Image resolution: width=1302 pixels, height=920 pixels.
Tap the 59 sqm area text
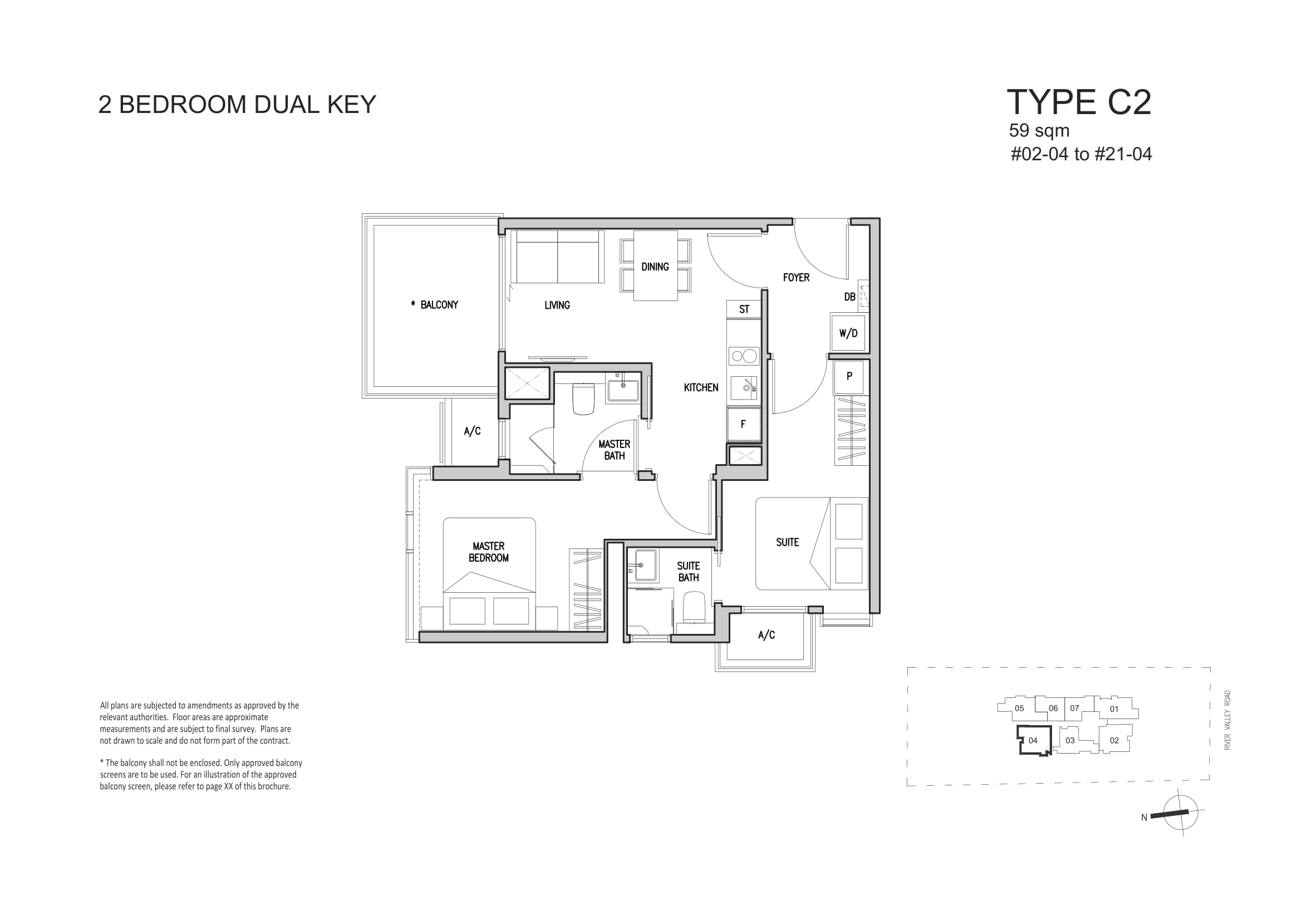pos(1039,130)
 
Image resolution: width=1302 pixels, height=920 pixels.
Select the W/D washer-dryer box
pos(848,333)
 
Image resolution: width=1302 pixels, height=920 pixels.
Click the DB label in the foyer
pos(849,297)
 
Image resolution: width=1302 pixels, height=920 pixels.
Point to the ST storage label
pos(744,309)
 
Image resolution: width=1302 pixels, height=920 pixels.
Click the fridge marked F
pos(744,424)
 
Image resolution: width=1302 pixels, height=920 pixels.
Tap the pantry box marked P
pos(849,377)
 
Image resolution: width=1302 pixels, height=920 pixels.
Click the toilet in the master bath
pos(583,399)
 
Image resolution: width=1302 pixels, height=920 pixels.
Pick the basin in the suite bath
pos(646,564)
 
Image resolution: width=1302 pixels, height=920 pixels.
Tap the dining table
pos(656,265)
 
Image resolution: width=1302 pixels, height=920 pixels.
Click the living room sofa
pos(557,256)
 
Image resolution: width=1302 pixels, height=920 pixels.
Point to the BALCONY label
pos(434,305)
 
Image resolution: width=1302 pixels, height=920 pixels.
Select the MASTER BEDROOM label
pos(488,552)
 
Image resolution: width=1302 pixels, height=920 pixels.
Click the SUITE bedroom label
pos(787,543)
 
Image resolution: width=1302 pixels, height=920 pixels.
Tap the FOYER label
pos(795,278)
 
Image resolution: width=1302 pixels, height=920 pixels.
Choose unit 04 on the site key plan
pos(1033,740)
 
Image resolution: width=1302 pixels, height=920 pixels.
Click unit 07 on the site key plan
pos(1074,708)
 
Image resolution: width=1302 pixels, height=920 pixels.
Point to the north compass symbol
pos(1180,812)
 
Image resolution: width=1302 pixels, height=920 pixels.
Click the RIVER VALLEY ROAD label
pos(1227,720)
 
